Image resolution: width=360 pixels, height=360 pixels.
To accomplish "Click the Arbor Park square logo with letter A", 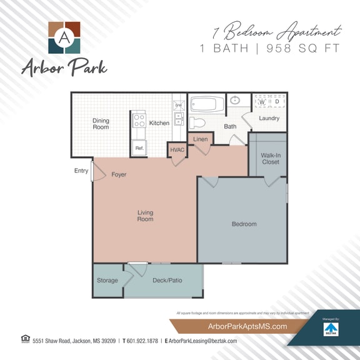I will pyautogui.click(x=64, y=38).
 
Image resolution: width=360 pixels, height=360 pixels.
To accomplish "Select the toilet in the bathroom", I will pyautogui.click(x=197, y=121).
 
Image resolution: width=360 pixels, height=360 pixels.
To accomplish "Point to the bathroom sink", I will pyautogui.click(x=236, y=101).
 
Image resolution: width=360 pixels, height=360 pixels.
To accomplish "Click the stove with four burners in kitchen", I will pyautogui.click(x=139, y=120).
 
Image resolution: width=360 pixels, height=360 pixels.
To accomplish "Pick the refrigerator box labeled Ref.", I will pyautogui.click(x=139, y=148).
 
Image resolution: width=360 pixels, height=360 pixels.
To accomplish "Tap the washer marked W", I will pyautogui.click(x=262, y=102).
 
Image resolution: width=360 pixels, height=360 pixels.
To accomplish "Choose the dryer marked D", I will pyautogui.click(x=277, y=102).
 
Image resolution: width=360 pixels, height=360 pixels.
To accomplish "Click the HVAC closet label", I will pyautogui.click(x=176, y=150).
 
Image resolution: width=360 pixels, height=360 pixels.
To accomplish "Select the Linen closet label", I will pyautogui.click(x=200, y=139).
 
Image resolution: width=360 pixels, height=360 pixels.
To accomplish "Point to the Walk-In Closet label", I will pyautogui.click(x=271, y=158).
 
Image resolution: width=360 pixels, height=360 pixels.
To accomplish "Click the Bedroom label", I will pyautogui.click(x=244, y=224).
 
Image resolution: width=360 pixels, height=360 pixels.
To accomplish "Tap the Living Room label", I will pyautogui.click(x=145, y=216).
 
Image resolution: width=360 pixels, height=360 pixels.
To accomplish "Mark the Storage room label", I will pyautogui.click(x=107, y=281).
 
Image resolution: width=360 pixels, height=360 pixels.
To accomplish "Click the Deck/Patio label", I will pyautogui.click(x=167, y=281).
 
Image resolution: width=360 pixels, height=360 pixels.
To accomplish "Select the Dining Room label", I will pyautogui.click(x=101, y=124).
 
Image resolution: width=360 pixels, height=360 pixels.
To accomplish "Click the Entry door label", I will pyautogui.click(x=81, y=171).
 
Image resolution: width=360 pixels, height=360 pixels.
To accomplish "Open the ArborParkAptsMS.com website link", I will pyautogui.click(x=239, y=326).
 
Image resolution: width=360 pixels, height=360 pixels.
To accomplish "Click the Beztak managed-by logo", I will pyautogui.click(x=330, y=328).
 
